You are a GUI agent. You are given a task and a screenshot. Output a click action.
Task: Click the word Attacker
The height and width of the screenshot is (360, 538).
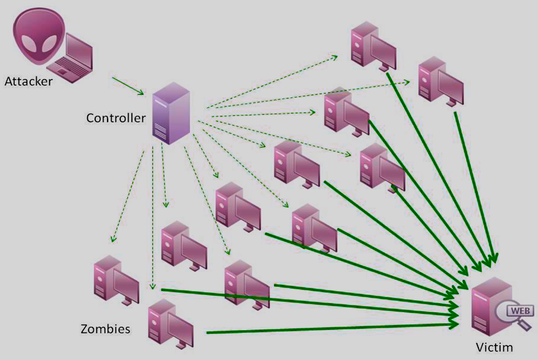click(28, 81)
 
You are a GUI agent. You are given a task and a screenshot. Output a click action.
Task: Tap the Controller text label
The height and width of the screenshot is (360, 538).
click(116, 118)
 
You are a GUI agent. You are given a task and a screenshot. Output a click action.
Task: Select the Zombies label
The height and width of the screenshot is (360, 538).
click(105, 329)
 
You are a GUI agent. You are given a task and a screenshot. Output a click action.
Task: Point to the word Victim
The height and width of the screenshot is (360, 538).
click(494, 347)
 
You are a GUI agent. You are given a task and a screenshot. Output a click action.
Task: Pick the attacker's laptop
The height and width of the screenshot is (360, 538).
click(70, 58)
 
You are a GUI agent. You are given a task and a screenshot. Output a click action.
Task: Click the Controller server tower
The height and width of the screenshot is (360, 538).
click(171, 113)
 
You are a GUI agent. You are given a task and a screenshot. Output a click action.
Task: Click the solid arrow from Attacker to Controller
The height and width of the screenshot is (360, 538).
click(128, 86)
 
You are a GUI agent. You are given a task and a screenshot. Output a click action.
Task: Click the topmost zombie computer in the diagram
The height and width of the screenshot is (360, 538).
click(373, 46)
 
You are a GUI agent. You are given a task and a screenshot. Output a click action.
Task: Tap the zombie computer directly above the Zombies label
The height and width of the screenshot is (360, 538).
click(116, 280)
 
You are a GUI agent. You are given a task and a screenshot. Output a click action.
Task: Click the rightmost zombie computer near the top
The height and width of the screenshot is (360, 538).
click(441, 82)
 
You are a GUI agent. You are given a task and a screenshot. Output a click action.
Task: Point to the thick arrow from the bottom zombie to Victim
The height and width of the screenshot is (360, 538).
click(333, 328)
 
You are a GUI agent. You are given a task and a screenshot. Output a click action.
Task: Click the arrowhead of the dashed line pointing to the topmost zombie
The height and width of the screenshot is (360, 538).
click(334, 57)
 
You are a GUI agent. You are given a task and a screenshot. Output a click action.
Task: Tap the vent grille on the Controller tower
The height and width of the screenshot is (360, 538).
click(161, 130)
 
